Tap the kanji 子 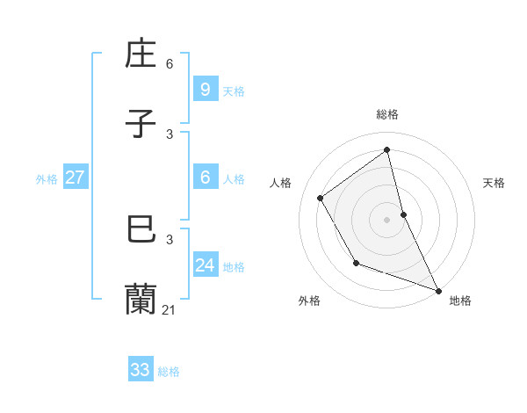[x=141, y=124]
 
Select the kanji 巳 [x=141, y=229]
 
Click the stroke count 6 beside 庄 [x=170, y=64]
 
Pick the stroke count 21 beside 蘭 [x=170, y=309]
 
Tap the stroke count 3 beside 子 [x=170, y=134]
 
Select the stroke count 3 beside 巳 [x=170, y=239]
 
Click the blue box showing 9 [x=205, y=89]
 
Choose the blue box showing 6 [x=205, y=178]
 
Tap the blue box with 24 [x=205, y=264]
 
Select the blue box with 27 [x=75, y=178]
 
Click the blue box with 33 [x=141, y=370]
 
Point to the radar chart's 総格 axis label [x=387, y=114]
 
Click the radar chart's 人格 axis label [x=281, y=183]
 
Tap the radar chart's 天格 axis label [x=495, y=183]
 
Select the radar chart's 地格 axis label [x=460, y=301]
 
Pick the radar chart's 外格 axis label [x=309, y=301]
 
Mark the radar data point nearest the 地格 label [x=438, y=290]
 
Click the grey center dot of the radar [x=387, y=219]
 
